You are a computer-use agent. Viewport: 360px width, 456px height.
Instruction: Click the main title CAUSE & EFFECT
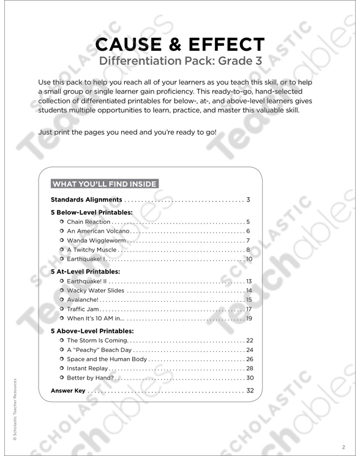coord(179,45)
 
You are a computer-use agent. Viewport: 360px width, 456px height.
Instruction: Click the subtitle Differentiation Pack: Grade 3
coord(179,61)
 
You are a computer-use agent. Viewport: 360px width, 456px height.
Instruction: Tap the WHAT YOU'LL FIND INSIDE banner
coord(104,183)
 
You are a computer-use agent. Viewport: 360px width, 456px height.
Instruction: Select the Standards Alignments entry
coord(87,200)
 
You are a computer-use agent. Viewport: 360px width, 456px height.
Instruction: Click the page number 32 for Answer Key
coord(249,390)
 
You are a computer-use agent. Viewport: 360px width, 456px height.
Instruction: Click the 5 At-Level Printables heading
coord(85,270)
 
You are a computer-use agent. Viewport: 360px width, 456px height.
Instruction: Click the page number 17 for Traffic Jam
coord(249,309)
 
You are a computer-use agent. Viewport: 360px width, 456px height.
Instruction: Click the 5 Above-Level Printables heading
coord(91,330)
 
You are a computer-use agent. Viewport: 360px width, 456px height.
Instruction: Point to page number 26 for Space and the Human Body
coord(249,359)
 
